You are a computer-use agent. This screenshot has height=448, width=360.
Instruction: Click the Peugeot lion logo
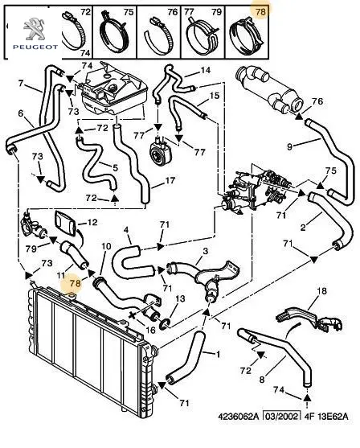(34, 29)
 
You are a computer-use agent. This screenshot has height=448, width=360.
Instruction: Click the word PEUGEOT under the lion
(35, 47)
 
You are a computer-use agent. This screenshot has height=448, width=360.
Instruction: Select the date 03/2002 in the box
(281, 416)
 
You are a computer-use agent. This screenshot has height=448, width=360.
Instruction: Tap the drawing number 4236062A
(239, 416)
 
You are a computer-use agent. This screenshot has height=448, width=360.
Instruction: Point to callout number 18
(321, 291)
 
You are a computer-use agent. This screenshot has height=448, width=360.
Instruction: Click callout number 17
(170, 180)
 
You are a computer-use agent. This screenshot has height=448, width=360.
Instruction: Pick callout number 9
(289, 147)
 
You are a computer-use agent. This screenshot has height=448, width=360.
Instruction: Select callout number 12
(92, 222)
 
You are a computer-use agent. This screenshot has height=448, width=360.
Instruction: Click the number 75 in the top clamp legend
(129, 12)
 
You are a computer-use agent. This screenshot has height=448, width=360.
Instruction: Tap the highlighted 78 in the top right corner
(260, 12)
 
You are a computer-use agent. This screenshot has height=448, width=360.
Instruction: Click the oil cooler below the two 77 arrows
(157, 148)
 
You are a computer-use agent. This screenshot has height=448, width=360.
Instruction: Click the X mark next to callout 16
(133, 315)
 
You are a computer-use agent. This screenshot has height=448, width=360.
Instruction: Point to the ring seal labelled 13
(166, 323)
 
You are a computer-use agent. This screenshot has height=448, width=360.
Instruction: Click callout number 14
(206, 70)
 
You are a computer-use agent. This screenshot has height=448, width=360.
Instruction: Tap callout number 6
(21, 113)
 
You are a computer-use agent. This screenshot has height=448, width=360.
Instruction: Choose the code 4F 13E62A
(326, 416)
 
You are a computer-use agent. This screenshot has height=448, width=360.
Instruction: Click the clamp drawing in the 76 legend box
(159, 35)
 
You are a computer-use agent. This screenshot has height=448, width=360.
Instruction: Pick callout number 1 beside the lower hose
(218, 355)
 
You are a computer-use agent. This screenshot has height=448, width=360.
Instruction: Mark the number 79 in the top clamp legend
(216, 12)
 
